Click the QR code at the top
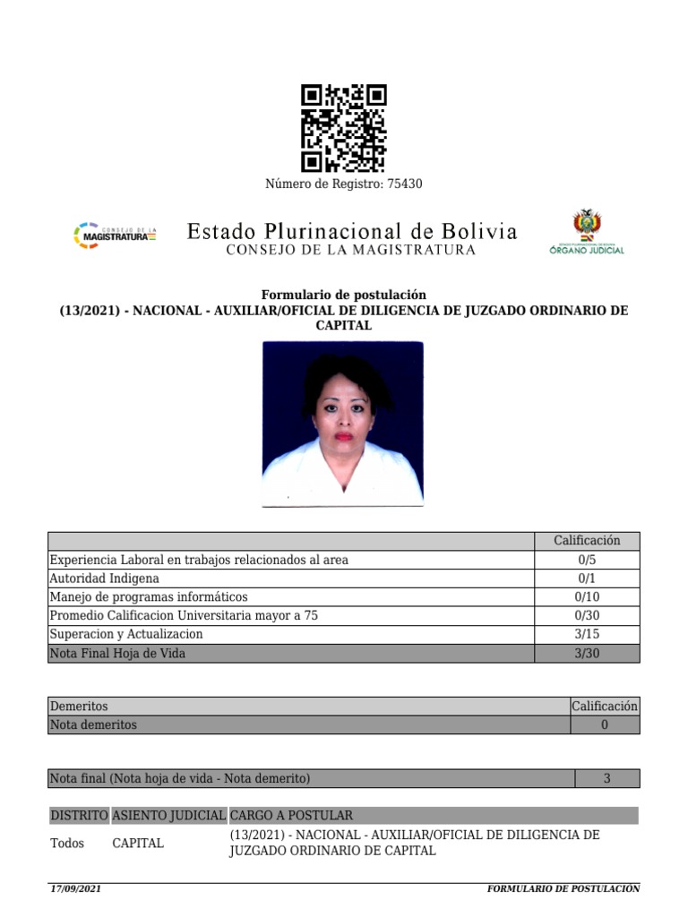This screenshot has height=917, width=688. pyautogui.click(x=343, y=128)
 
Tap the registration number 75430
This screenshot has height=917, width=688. pyautogui.click(x=404, y=184)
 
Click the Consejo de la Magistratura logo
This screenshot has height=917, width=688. pyautogui.click(x=114, y=236)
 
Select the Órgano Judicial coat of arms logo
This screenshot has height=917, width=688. pyautogui.click(x=587, y=232)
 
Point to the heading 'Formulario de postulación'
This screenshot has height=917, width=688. pyautogui.click(x=344, y=295)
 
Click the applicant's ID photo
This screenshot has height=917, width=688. pyautogui.click(x=342, y=424)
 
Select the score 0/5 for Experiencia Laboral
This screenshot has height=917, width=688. pyautogui.click(x=587, y=560)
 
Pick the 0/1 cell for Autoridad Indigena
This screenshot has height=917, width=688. pyautogui.click(x=587, y=578)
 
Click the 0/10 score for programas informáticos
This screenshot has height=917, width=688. pyautogui.click(x=587, y=597)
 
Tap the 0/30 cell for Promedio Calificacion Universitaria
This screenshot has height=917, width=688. pyautogui.click(x=587, y=616)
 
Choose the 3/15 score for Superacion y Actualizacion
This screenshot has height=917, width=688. pyautogui.click(x=587, y=635)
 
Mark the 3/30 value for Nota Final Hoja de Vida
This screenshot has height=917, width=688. pyautogui.click(x=587, y=654)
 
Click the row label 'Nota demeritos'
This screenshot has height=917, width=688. pyautogui.click(x=94, y=725)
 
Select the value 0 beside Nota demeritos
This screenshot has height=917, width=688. pyautogui.click(x=605, y=725)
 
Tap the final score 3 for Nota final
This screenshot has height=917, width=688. pyautogui.click(x=606, y=779)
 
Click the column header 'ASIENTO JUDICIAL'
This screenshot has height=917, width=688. pyautogui.click(x=168, y=816)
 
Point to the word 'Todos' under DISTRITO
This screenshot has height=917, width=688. pyautogui.click(x=67, y=844)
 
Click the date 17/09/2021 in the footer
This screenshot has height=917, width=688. pyautogui.click(x=75, y=889)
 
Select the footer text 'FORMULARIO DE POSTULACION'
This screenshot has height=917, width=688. pyautogui.click(x=563, y=889)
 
